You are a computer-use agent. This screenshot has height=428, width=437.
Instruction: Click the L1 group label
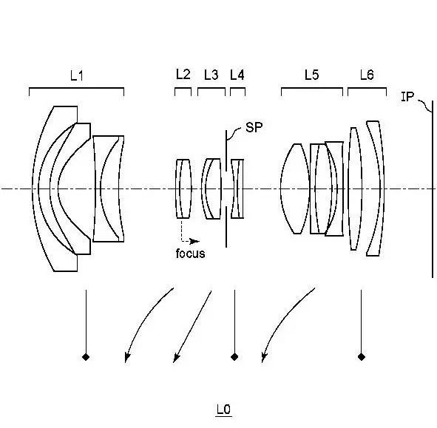[77, 75]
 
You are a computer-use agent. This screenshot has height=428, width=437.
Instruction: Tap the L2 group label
[183, 75]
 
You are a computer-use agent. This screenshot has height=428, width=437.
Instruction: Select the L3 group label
[211, 75]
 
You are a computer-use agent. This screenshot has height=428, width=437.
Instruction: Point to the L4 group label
[237, 75]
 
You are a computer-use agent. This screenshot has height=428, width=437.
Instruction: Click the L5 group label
[311, 75]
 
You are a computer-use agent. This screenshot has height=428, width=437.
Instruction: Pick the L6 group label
[367, 75]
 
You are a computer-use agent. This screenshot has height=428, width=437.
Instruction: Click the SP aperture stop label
[254, 127]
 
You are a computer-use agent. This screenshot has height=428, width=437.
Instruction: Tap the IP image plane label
[407, 97]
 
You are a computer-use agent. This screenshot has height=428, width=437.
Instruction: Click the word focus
[190, 254]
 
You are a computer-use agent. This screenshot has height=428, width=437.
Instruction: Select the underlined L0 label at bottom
[224, 410]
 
